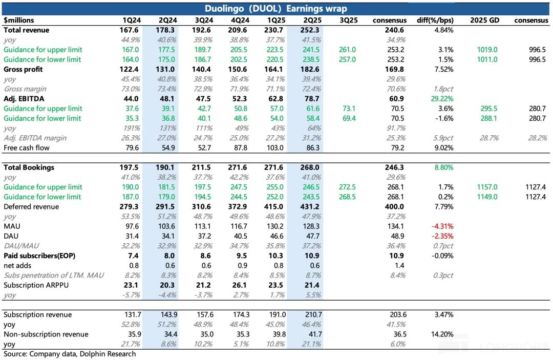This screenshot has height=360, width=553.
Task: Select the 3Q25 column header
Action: pos(348,20)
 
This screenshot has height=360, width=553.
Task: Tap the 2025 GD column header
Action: pos(482,20)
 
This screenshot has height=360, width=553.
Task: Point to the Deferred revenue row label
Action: pos(31,207)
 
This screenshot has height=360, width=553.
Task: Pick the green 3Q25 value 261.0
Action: pos(348,50)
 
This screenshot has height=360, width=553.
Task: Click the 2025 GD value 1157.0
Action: pos(482,187)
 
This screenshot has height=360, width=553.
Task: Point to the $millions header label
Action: pos(19,20)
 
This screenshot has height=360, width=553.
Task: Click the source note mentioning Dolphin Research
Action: pos(70,354)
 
